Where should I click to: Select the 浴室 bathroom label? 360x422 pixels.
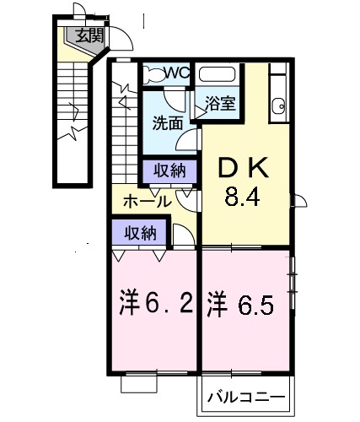tap(220, 105)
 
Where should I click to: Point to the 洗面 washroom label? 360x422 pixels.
tap(167, 123)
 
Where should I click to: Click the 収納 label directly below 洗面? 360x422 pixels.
tap(167, 170)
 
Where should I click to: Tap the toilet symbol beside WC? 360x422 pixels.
tap(149, 73)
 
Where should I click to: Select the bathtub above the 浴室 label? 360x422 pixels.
tap(219, 74)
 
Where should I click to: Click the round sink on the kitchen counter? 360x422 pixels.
tap(278, 105)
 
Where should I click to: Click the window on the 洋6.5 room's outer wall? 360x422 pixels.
tap(293, 284)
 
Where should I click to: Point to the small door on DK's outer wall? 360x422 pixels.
tap(299, 201)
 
